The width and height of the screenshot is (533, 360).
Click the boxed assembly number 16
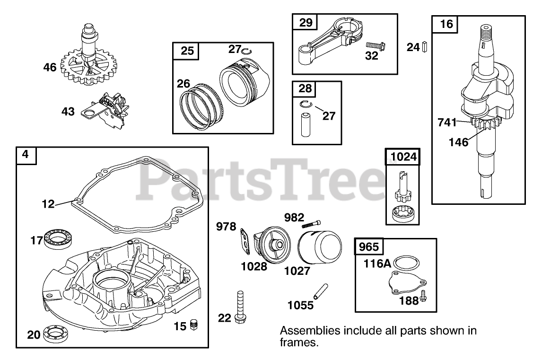[446, 24]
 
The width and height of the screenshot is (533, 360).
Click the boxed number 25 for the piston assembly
[187, 51]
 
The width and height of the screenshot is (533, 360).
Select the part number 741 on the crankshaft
[447, 123]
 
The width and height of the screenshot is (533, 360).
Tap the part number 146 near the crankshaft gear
[459, 141]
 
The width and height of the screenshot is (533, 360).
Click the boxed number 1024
[403, 157]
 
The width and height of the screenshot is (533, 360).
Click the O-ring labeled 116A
[407, 263]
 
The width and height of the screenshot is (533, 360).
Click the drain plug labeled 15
[192, 325]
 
